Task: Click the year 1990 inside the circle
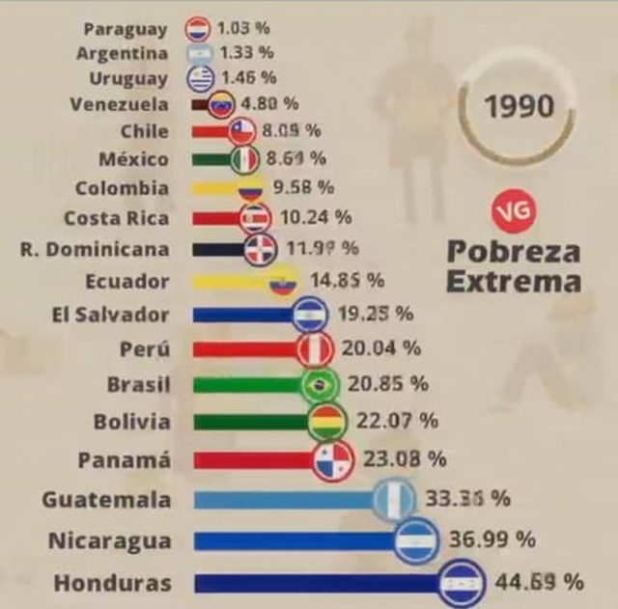pos(519,105)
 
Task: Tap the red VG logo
pos(513,211)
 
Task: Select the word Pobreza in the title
pos(513,252)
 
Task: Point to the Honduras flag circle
pos(461,582)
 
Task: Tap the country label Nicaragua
pos(109,540)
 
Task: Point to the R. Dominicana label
pos(94,249)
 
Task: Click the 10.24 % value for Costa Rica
pos(315,217)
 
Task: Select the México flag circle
pos(244,158)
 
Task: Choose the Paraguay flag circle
pos(198,29)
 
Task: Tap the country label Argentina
pos(122,53)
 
